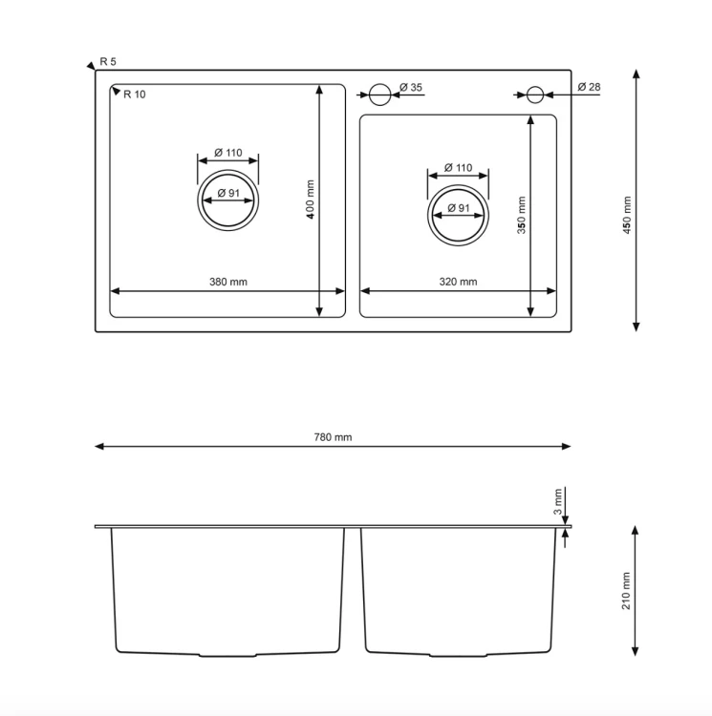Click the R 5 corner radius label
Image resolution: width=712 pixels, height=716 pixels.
click(108, 61)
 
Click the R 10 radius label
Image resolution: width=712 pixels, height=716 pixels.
click(135, 95)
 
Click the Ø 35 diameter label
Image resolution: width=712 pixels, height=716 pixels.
click(411, 87)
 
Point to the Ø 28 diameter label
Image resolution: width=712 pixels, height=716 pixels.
click(589, 87)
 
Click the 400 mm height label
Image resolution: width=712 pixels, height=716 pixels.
click(311, 200)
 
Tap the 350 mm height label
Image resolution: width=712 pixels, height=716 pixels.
click(522, 215)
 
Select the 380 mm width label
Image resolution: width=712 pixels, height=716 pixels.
click(228, 282)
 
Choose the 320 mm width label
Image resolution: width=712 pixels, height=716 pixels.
click(458, 282)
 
